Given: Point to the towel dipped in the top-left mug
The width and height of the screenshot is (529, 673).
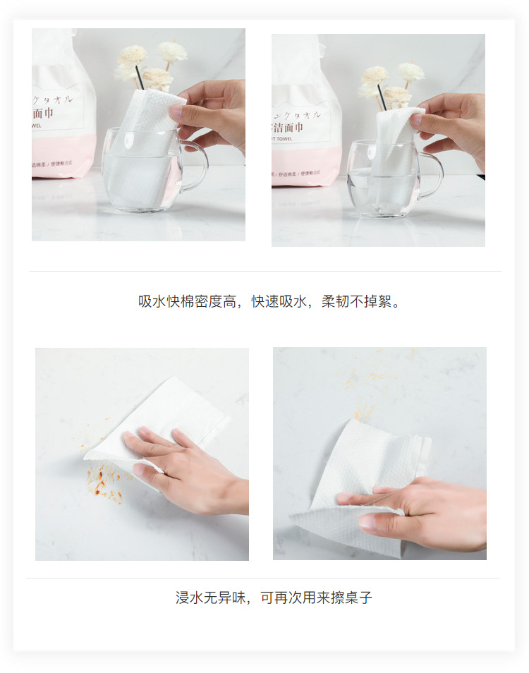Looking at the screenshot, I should coord(141,162).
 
